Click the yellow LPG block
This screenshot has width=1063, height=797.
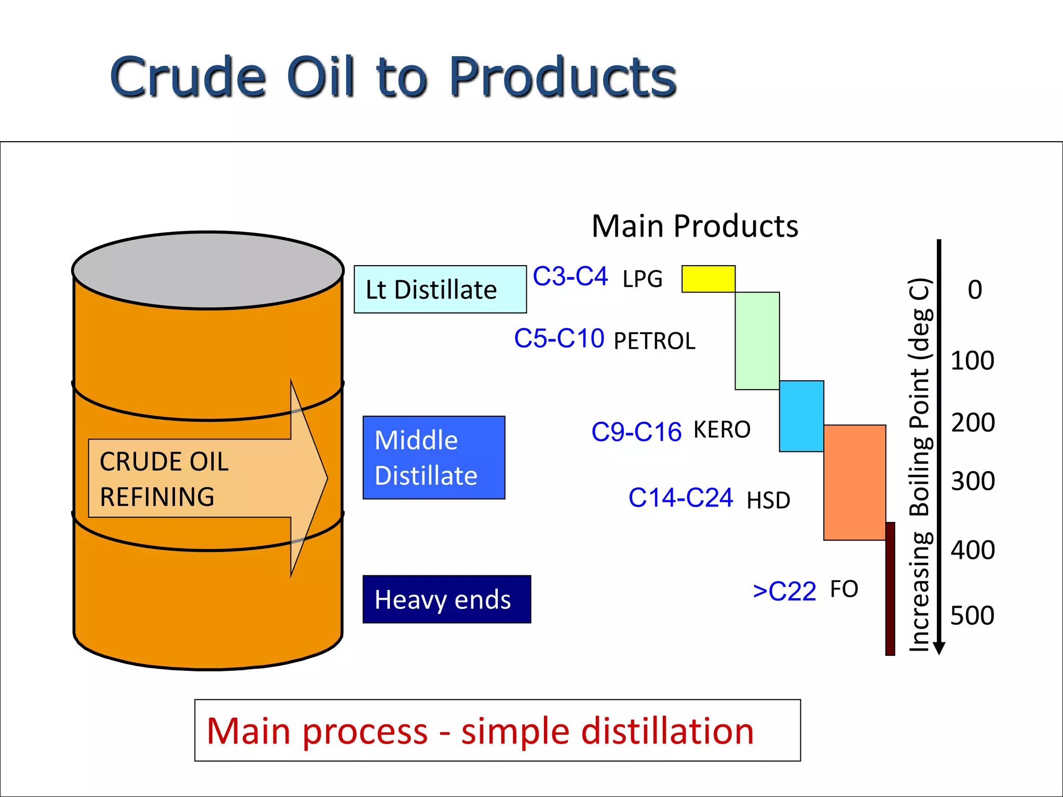click(x=708, y=279)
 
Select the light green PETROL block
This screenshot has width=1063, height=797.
click(x=757, y=341)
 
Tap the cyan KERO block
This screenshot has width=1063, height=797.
click(x=801, y=416)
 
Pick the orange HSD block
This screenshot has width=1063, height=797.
click(x=854, y=483)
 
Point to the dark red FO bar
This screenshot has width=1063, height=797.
click(x=890, y=589)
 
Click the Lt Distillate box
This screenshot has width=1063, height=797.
click(x=440, y=290)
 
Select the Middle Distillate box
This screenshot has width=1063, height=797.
click(x=434, y=458)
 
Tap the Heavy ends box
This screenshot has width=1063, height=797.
click(x=446, y=599)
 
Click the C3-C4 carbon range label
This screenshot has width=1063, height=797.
click(x=570, y=277)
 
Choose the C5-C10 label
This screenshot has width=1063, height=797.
click(x=559, y=338)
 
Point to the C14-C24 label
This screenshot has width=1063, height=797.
click(x=680, y=498)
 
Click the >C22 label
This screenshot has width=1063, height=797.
click(x=784, y=591)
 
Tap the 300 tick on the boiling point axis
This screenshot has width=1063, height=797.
click(x=973, y=481)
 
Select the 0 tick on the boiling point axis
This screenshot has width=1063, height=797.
click(x=975, y=290)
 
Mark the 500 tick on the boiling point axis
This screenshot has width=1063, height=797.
click(x=972, y=615)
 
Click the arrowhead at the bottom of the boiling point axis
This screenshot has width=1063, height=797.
click(x=939, y=648)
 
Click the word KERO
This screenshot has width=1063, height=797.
click(x=722, y=430)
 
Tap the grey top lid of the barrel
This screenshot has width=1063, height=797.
click(x=208, y=270)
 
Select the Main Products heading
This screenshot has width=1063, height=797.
click(x=695, y=226)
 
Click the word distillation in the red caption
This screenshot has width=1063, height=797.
click(x=667, y=731)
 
